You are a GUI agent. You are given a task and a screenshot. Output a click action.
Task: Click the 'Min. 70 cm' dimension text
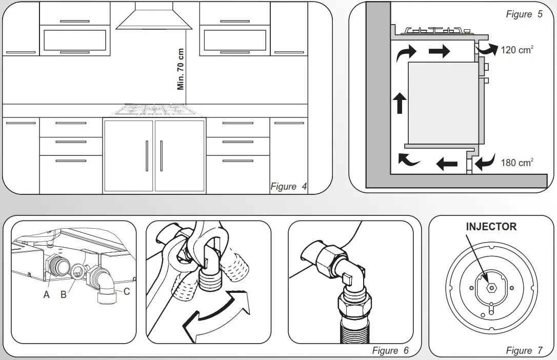pyautogui.click(x=181, y=69)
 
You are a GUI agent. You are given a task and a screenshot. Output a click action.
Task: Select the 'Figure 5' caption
pyautogui.click(x=524, y=14)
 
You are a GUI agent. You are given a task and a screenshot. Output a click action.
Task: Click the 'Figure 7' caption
pyautogui.click(x=524, y=351)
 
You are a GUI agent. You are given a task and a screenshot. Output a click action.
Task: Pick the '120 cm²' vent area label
pyautogui.click(x=516, y=50)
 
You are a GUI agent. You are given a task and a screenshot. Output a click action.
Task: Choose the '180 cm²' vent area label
pyautogui.click(x=516, y=163)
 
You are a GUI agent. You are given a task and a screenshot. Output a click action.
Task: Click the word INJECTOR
pyautogui.click(x=491, y=227)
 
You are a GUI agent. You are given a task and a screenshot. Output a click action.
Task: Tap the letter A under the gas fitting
pyautogui.click(x=47, y=295)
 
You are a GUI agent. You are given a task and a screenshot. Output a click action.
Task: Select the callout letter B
pyautogui.click(x=64, y=295)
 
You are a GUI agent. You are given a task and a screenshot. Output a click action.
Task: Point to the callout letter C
pyautogui.click(x=126, y=292)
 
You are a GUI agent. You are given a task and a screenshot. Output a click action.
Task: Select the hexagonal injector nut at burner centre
pyautogui.click(x=491, y=287)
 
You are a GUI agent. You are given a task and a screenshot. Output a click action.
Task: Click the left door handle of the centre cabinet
pyautogui.click(x=147, y=155)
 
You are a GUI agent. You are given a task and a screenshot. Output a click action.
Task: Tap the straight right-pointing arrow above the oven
pyautogui.click(x=439, y=51)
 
